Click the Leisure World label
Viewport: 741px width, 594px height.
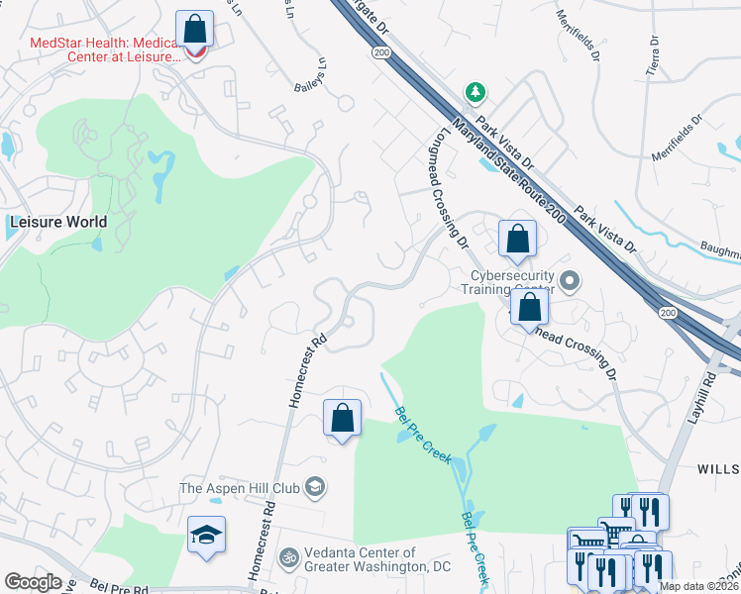click(x=57, y=222)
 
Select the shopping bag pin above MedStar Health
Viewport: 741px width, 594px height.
click(x=195, y=29)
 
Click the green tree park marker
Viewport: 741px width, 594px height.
click(x=476, y=92)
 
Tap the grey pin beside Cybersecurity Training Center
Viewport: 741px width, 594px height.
click(x=569, y=282)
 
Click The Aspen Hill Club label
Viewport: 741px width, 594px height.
click(x=241, y=487)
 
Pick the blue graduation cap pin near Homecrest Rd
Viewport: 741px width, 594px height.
click(x=206, y=536)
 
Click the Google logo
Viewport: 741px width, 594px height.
click(x=33, y=582)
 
